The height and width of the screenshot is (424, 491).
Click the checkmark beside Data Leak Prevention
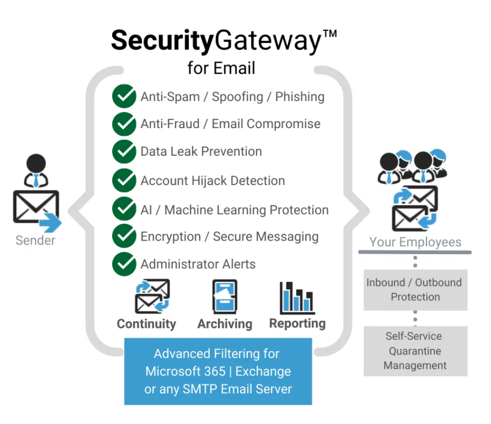click(x=124, y=152)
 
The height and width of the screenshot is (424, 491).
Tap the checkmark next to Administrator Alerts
click(x=124, y=264)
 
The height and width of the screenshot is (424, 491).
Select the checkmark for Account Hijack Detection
click(x=124, y=181)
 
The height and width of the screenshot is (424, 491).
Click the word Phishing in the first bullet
click(x=300, y=97)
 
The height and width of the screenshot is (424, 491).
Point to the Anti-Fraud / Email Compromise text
click(x=230, y=124)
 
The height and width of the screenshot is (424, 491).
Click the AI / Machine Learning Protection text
click(x=234, y=210)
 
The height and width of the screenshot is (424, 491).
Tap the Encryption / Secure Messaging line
click(x=229, y=236)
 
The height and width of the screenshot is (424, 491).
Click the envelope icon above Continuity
click(x=152, y=296)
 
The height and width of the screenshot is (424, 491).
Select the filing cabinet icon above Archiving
click(x=224, y=296)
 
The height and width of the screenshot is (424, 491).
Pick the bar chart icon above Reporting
click(x=297, y=296)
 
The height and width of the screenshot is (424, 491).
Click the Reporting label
click(x=297, y=324)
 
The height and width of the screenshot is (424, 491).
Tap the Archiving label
click(x=224, y=324)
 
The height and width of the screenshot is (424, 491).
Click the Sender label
click(x=35, y=240)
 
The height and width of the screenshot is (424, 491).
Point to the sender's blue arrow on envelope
click(x=50, y=222)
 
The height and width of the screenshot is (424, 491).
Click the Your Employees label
click(x=415, y=242)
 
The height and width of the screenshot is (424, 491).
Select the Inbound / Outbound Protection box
click(x=415, y=290)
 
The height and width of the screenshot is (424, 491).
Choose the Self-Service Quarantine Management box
click(x=415, y=351)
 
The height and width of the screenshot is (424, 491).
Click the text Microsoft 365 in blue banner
click(x=185, y=371)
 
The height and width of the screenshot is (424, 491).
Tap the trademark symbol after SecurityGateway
click(x=330, y=35)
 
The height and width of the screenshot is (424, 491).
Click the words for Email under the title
click(x=221, y=68)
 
